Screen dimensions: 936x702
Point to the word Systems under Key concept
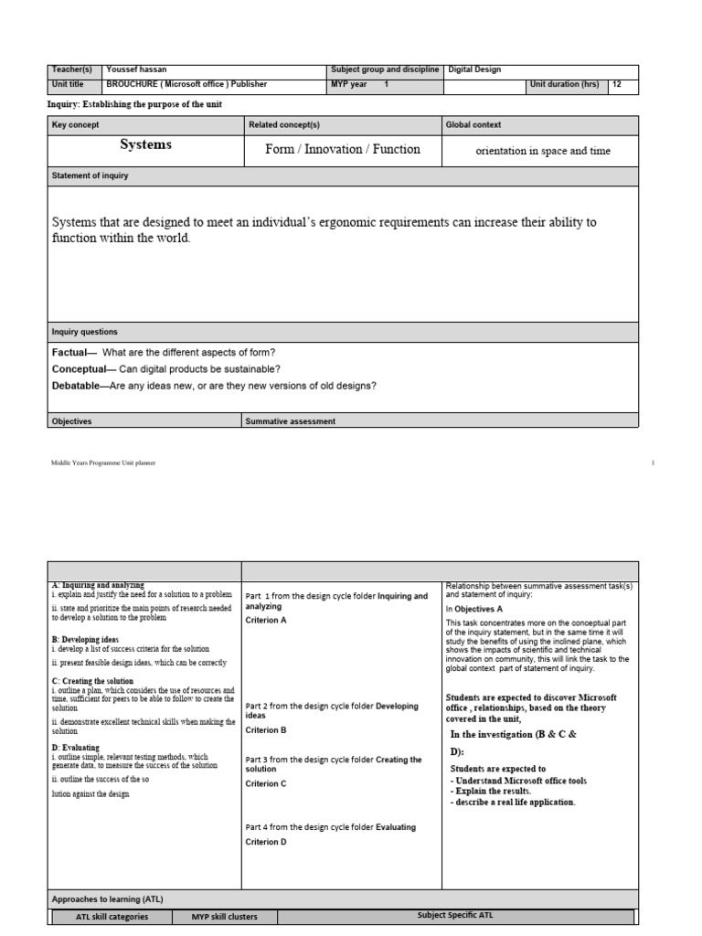(145, 145)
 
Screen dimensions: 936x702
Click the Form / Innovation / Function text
(342, 150)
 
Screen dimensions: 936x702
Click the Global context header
(473, 124)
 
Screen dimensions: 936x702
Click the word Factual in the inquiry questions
(70, 353)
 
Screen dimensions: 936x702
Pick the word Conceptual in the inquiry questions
(81, 368)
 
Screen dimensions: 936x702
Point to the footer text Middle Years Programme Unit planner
(103, 463)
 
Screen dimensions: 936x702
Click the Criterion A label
(266, 620)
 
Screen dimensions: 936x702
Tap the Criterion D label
(266, 842)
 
